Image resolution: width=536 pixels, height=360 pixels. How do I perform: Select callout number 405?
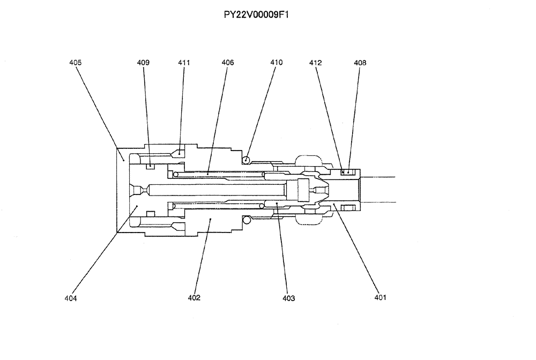point(76,63)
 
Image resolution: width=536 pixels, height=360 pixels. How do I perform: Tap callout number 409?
point(143,63)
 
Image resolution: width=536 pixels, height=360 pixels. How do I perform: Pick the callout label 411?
point(184,63)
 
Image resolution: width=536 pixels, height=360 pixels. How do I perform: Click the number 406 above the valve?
point(227,63)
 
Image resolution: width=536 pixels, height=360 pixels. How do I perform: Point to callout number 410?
point(276,63)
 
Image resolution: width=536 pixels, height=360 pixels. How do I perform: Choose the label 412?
point(315,63)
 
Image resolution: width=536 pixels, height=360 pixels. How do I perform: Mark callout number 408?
point(360,63)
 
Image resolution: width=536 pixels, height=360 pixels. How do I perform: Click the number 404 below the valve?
point(70,298)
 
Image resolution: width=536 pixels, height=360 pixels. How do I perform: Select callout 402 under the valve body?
point(194,298)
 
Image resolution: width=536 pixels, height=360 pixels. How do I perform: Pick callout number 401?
point(380,297)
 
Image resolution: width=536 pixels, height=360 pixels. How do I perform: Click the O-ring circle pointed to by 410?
point(245,159)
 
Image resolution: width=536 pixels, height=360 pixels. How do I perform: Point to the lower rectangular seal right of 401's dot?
point(348,207)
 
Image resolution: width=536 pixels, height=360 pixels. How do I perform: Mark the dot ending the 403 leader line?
point(276,204)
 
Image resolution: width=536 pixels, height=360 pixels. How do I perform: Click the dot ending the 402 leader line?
point(210,219)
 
